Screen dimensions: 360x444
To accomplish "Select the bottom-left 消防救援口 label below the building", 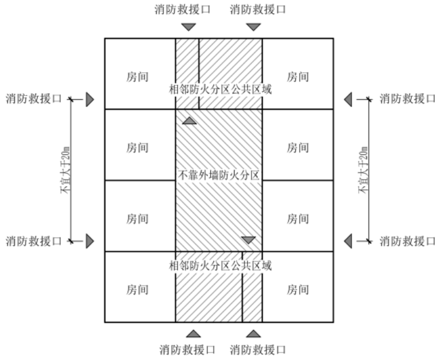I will tap(187, 349).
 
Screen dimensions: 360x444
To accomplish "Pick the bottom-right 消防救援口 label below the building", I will tap(258, 349).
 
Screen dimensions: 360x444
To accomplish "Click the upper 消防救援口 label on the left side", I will tap(33, 99).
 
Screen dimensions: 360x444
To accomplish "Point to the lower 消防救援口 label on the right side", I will tap(407, 241).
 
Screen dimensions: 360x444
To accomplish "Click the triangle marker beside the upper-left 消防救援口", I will tap(90, 100).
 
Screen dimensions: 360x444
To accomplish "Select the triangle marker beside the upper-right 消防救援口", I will tap(348, 100).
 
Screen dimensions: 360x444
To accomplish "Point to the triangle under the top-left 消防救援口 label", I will tap(188, 27).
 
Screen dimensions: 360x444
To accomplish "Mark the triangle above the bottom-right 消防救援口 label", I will tap(253, 333).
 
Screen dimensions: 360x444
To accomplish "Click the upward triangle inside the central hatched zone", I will tap(190, 120).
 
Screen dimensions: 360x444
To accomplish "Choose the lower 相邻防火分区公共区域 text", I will tap(219, 266).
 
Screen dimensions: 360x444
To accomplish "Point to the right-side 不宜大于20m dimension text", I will tap(362, 170).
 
